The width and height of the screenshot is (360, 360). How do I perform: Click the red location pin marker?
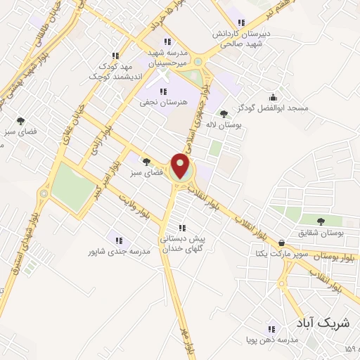click(181, 167)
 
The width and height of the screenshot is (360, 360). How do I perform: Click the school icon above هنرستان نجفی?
click(163, 91)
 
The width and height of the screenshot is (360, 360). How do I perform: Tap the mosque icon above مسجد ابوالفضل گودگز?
click(274, 98)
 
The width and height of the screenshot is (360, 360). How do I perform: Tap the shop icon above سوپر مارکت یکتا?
click(282, 243)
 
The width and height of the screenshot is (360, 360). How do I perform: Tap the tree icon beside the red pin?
click(146, 161)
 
